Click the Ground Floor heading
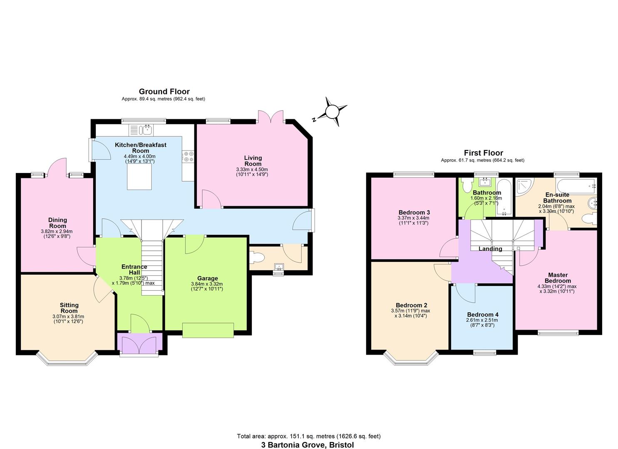[x=164, y=91]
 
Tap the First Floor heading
[x=483, y=153]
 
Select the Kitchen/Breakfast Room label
[x=141, y=148]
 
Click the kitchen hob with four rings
[x=188, y=156]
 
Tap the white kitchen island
[x=139, y=177]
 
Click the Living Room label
[x=253, y=160]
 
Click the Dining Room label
[x=57, y=223]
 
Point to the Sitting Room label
[x=69, y=308]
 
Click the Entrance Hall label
[x=134, y=269]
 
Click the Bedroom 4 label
[x=482, y=315]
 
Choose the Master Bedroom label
[x=558, y=278]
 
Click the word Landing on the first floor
[x=490, y=249]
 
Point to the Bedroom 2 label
[x=411, y=305]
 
